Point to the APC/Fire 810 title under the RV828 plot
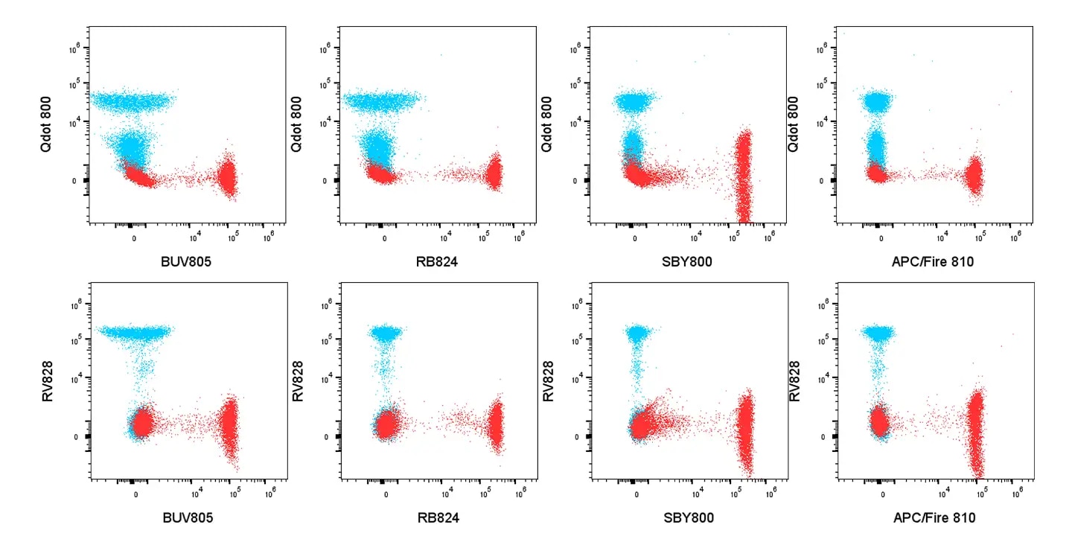click(934, 517)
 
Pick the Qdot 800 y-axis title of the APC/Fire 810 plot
click(796, 125)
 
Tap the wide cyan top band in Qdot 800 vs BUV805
click(132, 100)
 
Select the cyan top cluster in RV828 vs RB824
click(387, 334)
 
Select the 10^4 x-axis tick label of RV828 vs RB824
click(445, 492)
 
